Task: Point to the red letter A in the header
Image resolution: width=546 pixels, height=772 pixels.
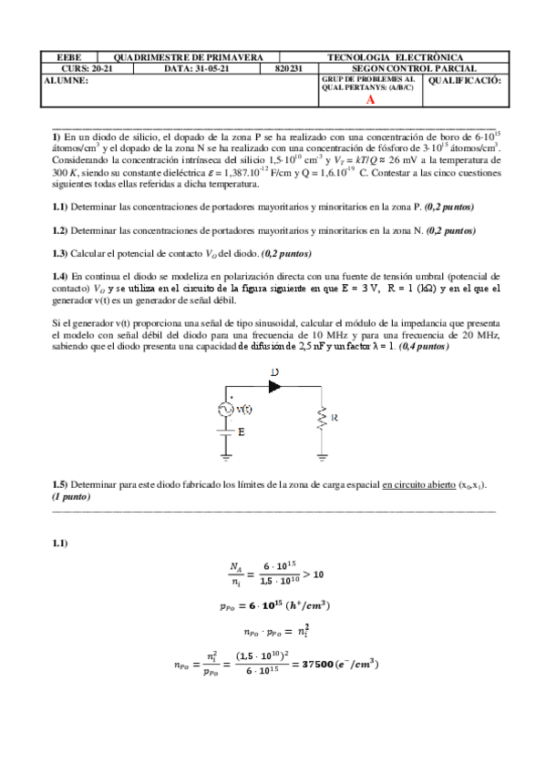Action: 370,100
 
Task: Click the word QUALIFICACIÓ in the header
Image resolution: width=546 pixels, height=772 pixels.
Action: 464,80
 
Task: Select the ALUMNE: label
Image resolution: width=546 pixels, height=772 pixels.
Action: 66,80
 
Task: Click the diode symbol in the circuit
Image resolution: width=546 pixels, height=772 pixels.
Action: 276,386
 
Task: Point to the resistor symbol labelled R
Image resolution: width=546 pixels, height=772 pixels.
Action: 322,419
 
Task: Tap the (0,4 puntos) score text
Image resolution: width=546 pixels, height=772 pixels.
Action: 423,346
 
